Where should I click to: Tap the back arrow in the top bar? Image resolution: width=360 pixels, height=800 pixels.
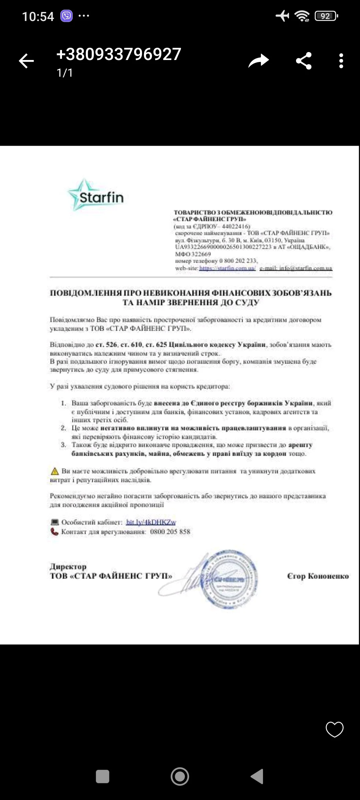point(26,61)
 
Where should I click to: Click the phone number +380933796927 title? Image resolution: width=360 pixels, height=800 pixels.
point(119,54)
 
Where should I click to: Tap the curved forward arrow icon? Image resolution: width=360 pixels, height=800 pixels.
point(258,61)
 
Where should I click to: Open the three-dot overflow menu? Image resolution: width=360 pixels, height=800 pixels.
point(341,61)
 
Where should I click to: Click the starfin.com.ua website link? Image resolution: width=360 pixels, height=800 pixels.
point(227,268)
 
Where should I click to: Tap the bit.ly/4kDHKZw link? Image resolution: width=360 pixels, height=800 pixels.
point(151,522)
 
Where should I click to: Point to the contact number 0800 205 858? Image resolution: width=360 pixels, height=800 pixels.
point(170,532)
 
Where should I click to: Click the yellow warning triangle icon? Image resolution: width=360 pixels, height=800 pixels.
point(54,471)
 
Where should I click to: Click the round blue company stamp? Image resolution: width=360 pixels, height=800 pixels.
point(229,579)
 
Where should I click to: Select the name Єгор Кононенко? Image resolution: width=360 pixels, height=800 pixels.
point(318,576)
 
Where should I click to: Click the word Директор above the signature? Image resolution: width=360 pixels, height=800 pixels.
point(68,566)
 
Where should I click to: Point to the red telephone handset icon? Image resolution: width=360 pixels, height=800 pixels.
point(54,532)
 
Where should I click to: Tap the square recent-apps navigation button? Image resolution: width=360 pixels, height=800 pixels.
point(102,776)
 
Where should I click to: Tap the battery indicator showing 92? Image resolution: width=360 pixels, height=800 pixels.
point(326,16)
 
